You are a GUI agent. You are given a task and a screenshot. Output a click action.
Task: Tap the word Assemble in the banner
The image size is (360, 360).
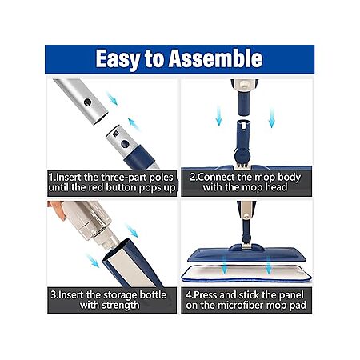(216, 58)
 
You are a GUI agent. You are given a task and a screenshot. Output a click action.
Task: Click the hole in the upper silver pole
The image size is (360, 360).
(87, 102)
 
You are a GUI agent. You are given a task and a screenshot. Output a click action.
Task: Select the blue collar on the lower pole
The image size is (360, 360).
(139, 158)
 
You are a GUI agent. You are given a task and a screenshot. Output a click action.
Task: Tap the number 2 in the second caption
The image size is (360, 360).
(193, 178)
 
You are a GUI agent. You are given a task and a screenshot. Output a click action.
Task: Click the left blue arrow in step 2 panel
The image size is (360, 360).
(218, 116)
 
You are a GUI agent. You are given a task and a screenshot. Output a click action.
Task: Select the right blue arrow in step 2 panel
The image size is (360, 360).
(272, 118)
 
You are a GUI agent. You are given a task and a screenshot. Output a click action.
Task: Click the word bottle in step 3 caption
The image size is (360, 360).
(153, 295)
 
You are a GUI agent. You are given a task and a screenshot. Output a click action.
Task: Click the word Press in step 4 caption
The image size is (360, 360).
(206, 295)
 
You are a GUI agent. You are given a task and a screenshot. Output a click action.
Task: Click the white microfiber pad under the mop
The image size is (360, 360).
(246, 273)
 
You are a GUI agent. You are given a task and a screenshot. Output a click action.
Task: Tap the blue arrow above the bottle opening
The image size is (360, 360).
(132, 231)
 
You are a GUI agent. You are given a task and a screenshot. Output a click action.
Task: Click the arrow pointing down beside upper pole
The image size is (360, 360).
(112, 98)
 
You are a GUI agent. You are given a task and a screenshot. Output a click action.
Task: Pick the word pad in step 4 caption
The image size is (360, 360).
(298, 306)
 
